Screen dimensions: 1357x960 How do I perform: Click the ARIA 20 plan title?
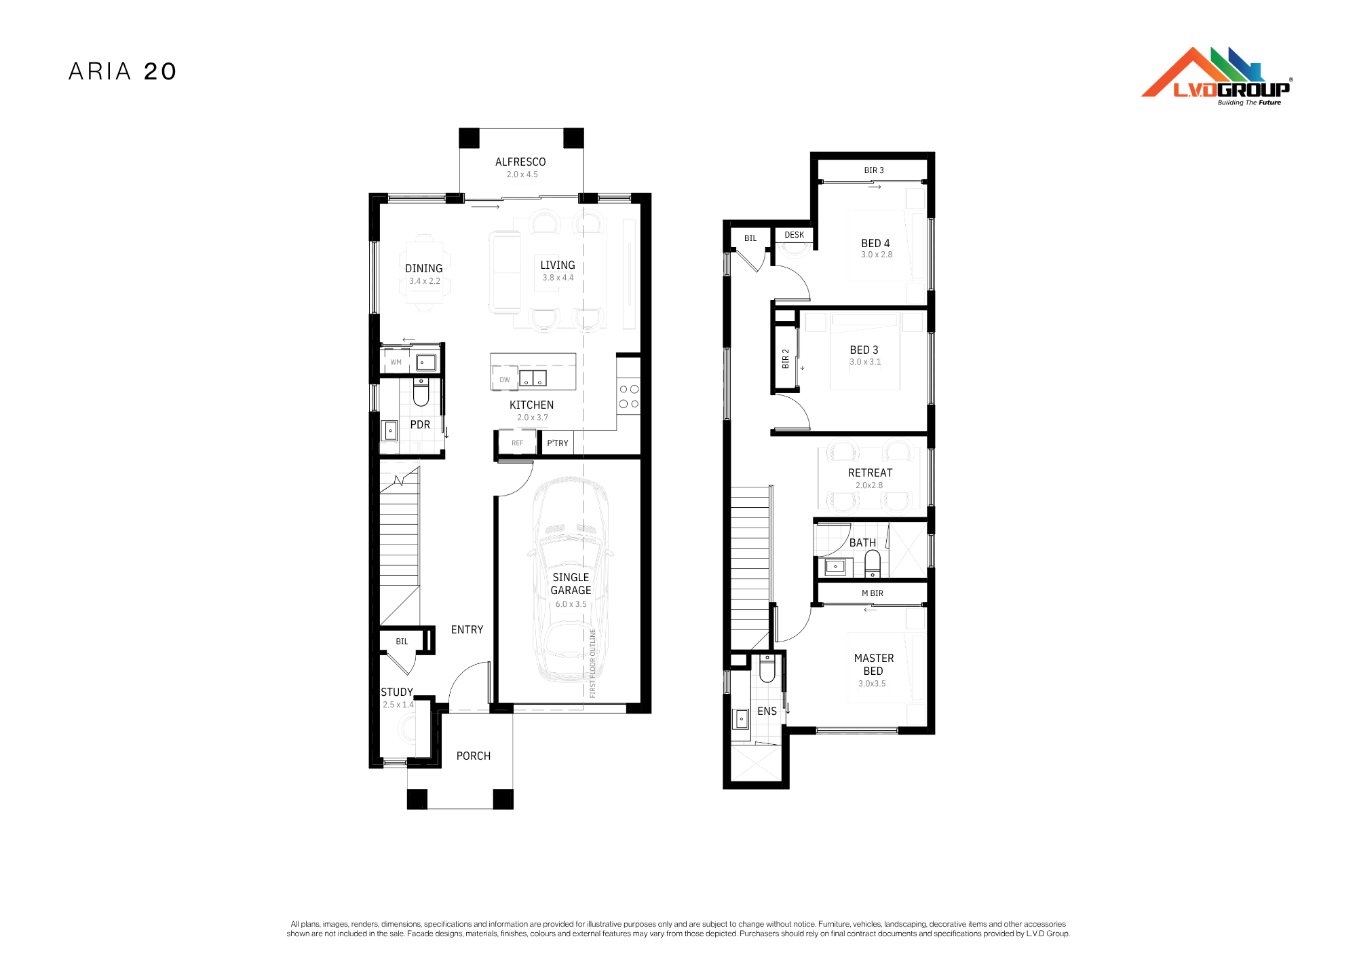click(123, 71)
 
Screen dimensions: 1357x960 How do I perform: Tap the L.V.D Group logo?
click(1217, 76)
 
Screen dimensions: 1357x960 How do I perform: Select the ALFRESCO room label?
click(520, 162)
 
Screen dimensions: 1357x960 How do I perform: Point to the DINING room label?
click(424, 269)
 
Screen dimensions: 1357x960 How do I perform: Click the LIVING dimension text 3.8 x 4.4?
click(558, 278)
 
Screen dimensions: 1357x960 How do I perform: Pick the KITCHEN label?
click(532, 405)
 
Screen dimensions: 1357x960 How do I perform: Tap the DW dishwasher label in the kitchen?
click(505, 380)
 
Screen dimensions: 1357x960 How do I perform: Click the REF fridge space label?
click(518, 443)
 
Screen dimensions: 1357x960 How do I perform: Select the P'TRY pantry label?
click(558, 443)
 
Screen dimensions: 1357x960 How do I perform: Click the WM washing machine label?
click(396, 363)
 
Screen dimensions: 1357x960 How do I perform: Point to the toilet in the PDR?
click(421, 392)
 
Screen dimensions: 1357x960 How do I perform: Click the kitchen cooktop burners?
click(629, 396)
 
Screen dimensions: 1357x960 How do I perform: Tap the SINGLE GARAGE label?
click(571, 584)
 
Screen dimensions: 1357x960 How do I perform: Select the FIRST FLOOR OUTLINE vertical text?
click(593, 663)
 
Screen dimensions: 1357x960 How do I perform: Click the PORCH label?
click(474, 756)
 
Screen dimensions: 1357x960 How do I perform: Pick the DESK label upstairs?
click(795, 235)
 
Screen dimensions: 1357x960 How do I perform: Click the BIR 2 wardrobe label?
click(786, 359)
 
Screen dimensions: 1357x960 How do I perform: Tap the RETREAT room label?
click(871, 473)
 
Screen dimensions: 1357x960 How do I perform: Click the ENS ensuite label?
click(767, 712)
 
